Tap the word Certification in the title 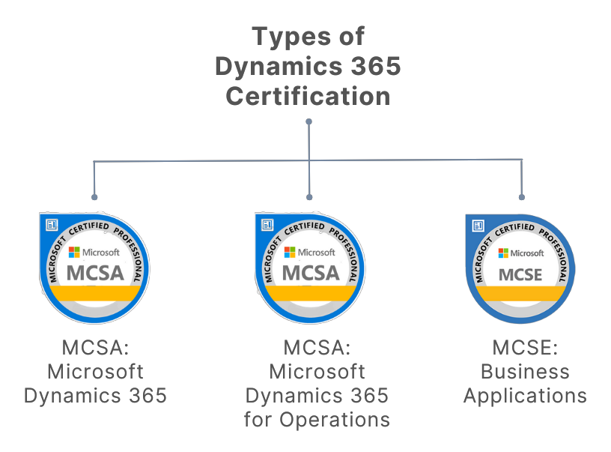[x=308, y=96]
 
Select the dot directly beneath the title [x=308, y=121]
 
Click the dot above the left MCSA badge [x=94, y=197]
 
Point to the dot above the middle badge [x=309, y=197]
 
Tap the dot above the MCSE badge [x=522, y=197]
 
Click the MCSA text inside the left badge [x=95, y=273]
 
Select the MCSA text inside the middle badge [x=310, y=273]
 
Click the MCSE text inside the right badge [x=520, y=274]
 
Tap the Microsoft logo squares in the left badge [x=74, y=253]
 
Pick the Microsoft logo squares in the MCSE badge [x=504, y=253]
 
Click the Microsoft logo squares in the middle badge [x=289, y=253]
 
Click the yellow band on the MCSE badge [x=520, y=294]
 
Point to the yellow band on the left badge [x=95, y=294]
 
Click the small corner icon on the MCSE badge [x=478, y=225]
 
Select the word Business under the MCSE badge [x=525, y=372]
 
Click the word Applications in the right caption [x=525, y=396]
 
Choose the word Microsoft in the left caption [x=95, y=372]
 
